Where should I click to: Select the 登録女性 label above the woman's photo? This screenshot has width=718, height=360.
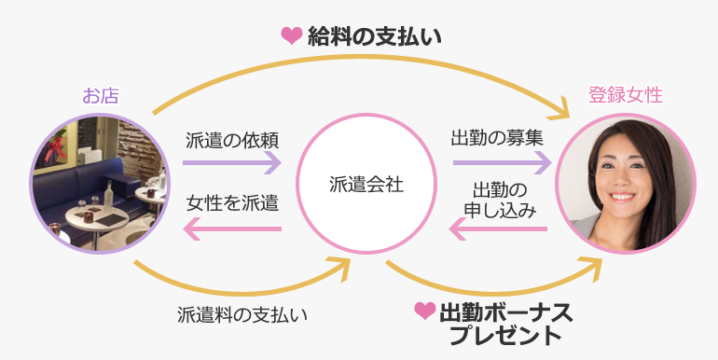coord(625,95)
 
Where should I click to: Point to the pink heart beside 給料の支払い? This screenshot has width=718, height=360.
coord(292,36)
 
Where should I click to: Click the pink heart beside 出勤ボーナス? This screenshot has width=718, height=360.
coord(424,311)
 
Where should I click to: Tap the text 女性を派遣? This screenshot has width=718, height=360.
coord(232,202)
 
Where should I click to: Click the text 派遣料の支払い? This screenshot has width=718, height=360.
coord(242,313)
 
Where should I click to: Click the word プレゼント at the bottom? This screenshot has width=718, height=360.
coord(504,334)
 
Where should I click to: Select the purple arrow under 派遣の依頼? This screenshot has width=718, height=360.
coord(231,162)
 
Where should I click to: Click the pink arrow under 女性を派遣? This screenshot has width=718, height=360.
coord(231,228)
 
